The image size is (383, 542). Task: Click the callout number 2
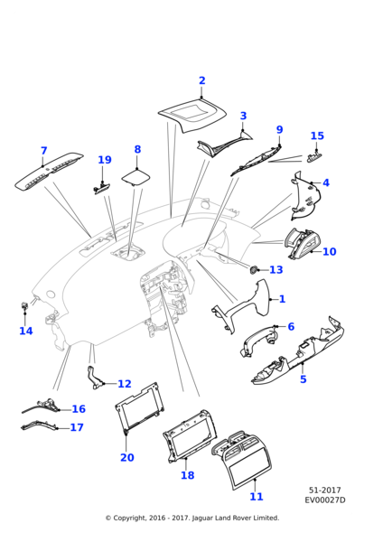pos(202,80)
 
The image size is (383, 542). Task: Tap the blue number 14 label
pos(26,332)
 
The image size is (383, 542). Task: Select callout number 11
pos(257,497)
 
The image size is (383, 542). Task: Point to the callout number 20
pos(126,458)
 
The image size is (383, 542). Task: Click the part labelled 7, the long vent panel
pos(49,171)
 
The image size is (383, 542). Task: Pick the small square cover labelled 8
pos(135,177)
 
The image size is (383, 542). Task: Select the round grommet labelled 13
pos(254,270)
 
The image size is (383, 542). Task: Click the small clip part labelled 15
pos(314,157)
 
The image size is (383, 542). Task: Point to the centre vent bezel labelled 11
pos(241,460)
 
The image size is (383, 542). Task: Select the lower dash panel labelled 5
pos(298,357)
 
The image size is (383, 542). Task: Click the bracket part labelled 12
pos(94,378)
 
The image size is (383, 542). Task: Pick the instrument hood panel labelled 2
pos(191,117)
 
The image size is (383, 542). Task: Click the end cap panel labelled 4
pos(305,195)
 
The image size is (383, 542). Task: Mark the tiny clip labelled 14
pos(24,305)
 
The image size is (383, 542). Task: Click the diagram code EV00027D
pos(324,500)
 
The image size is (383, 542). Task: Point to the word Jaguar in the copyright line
pos(202,519)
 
